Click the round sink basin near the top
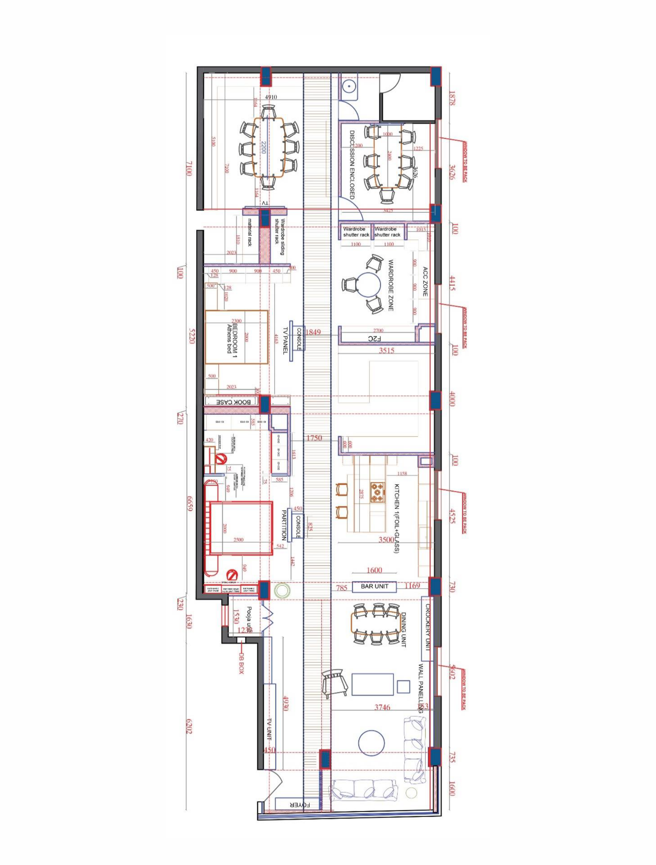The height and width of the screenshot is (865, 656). pos(348,87)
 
